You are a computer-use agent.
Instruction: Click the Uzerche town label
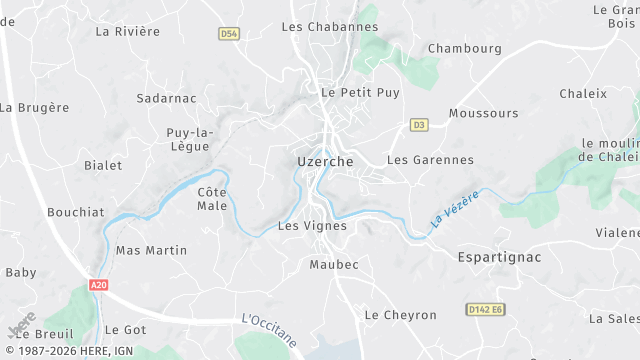tap(324, 161)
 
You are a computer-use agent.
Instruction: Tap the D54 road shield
tap(229, 33)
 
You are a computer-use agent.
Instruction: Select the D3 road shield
tap(419, 125)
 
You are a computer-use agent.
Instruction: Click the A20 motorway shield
tap(98, 286)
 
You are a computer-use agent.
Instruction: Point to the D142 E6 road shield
tap(486, 310)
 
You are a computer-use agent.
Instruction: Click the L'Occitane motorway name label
tap(269, 330)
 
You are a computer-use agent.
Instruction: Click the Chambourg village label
tap(464, 48)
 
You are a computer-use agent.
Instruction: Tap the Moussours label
tap(484, 113)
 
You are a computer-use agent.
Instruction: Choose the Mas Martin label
tap(151, 250)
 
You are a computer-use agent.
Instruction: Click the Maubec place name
tap(333, 265)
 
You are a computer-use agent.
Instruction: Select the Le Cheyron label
tap(400, 315)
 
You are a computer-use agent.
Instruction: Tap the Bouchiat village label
tap(75, 212)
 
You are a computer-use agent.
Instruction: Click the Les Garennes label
tap(430, 160)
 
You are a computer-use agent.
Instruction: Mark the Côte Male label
tap(212, 198)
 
